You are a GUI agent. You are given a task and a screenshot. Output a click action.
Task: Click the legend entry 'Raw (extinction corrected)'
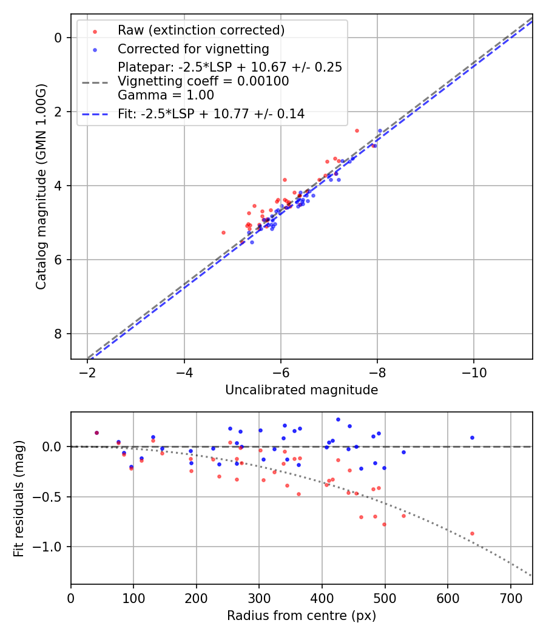(x=201, y=30)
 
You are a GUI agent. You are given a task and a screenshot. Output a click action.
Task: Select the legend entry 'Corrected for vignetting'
(x=193, y=49)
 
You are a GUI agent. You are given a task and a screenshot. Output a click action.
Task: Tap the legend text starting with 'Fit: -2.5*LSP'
(x=211, y=113)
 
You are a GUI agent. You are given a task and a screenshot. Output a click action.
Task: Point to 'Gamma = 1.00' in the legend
(x=166, y=95)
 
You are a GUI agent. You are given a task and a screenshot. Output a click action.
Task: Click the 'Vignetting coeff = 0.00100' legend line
(x=203, y=81)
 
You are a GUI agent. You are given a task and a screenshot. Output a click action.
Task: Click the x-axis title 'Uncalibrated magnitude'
(x=302, y=390)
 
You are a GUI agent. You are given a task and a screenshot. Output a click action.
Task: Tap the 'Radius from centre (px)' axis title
(x=302, y=616)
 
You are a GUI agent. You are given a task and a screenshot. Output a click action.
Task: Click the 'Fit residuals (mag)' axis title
(x=18, y=498)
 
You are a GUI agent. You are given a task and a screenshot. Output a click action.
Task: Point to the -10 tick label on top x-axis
(x=474, y=372)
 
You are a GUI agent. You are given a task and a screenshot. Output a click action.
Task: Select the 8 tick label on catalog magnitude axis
(x=58, y=334)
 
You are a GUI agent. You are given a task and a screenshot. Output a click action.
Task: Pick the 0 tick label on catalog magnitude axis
(x=58, y=38)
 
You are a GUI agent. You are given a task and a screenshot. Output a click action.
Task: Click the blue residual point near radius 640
(x=472, y=437)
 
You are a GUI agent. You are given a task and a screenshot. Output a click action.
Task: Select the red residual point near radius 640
(x=472, y=533)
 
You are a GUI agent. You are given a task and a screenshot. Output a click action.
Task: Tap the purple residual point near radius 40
(x=96, y=433)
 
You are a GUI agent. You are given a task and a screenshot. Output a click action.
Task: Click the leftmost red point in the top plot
(x=223, y=232)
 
